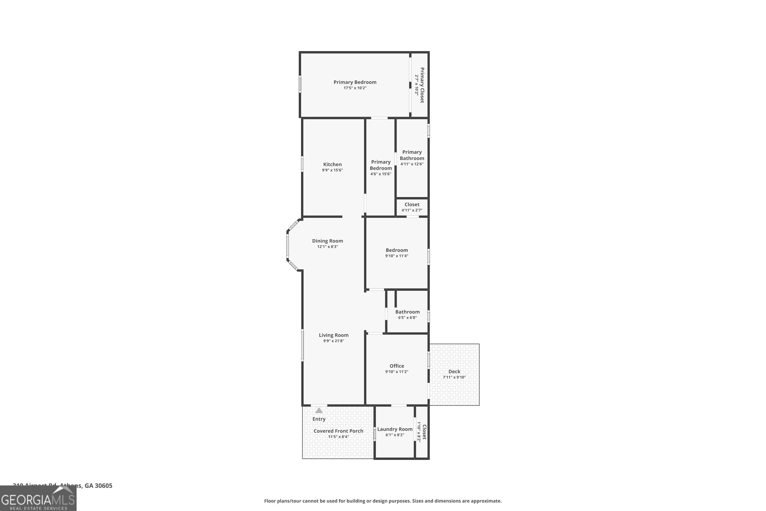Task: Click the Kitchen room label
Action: (x=332, y=164)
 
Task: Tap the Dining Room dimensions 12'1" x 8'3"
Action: (x=327, y=247)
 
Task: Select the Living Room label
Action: (x=333, y=335)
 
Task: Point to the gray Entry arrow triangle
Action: (x=319, y=411)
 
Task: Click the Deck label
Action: (x=454, y=371)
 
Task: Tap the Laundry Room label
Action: (x=395, y=429)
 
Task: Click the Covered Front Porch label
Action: (x=338, y=431)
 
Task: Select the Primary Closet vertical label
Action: (x=422, y=85)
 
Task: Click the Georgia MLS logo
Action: (x=38, y=499)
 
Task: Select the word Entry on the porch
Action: (x=319, y=419)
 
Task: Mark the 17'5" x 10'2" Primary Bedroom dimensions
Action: (x=355, y=88)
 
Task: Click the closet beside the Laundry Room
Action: (x=422, y=432)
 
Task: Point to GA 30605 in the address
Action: (x=98, y=486)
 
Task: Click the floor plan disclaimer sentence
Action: (x=383, y=501)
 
